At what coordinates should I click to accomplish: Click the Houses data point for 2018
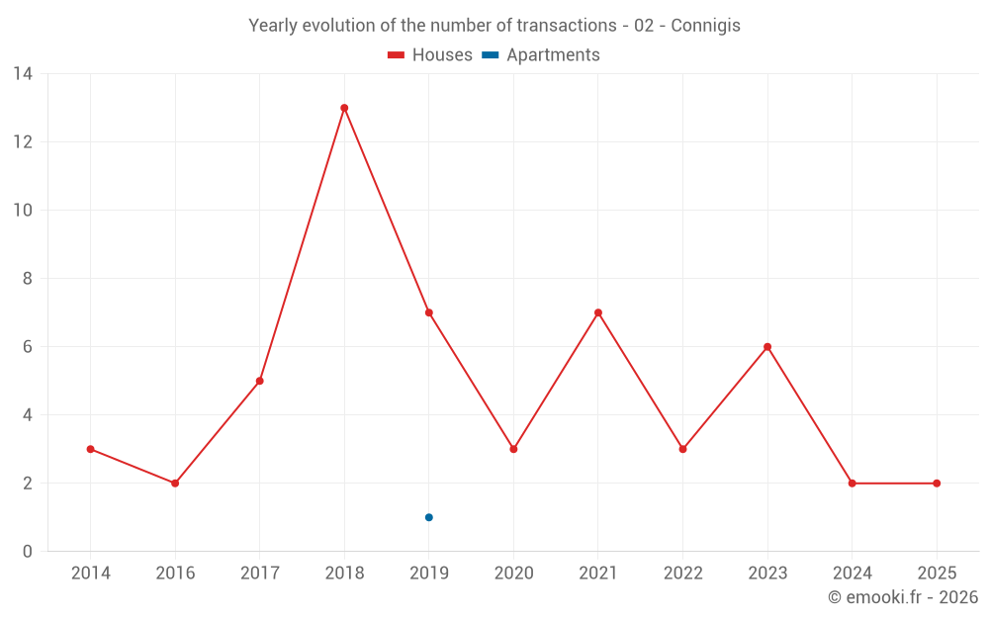(344, 108)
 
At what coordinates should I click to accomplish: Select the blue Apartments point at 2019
(429, 518)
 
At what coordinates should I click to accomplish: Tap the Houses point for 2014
(91, 449)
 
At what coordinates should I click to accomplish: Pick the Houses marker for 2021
(598, 312)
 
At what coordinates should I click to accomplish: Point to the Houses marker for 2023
(767, 347)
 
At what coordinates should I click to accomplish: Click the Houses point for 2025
(937, 484)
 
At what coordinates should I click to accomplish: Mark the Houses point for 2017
(260, 381)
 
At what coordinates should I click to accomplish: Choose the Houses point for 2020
(513, 449)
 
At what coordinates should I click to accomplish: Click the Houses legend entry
(430, 54)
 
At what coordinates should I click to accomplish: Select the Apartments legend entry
(541, 54)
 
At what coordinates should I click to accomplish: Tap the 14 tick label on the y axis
(23, 74)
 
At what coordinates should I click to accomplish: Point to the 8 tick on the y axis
(27, 279)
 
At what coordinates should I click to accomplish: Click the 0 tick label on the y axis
(27, 552)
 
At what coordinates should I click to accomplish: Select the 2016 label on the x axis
(175, 574)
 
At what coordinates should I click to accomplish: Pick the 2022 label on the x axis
(683, 574)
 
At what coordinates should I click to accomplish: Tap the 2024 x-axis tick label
(853, 574)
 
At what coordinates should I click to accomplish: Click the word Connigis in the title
(705, 26)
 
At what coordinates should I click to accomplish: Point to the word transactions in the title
(567, 26)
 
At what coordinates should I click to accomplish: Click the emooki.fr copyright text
(903, 596)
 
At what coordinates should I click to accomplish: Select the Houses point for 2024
(853, 484)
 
